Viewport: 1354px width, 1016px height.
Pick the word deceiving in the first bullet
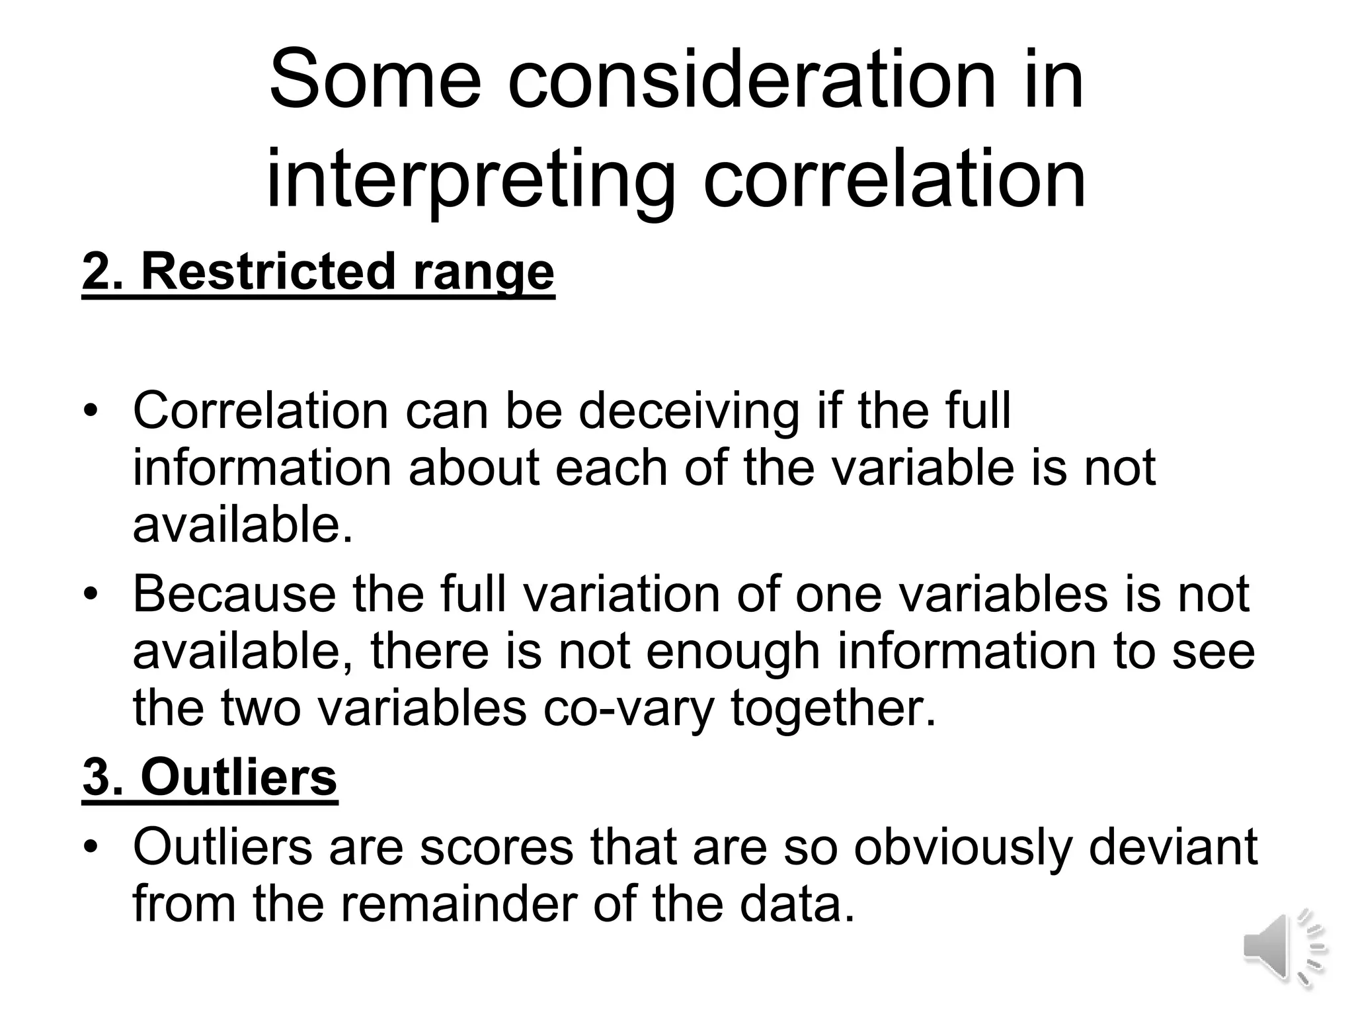tap(689, 411)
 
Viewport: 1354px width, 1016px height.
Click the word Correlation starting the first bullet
tap(260, 411)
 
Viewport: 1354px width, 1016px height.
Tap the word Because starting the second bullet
tap(234, 593)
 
